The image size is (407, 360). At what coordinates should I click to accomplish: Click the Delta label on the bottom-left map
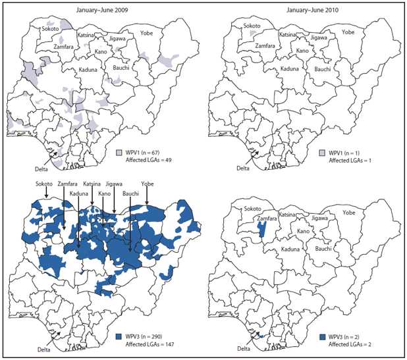(x=44, y=349)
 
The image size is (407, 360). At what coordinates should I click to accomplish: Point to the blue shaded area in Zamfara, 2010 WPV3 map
(x=261, y=230)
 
